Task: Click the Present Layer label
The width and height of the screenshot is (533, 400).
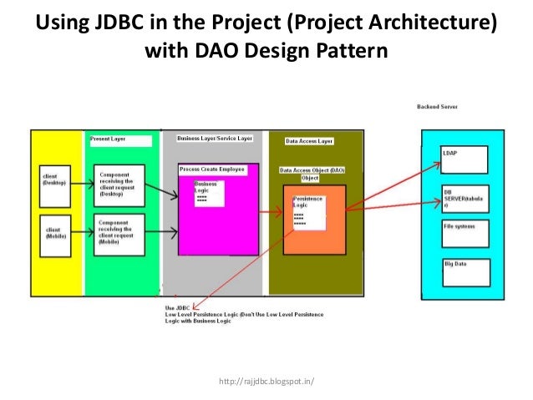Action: (119, 140)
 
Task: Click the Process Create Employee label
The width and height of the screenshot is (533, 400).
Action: (212, 169)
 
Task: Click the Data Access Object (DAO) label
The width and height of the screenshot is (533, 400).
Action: (312, 173)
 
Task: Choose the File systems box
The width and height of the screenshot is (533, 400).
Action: (465, 233)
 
